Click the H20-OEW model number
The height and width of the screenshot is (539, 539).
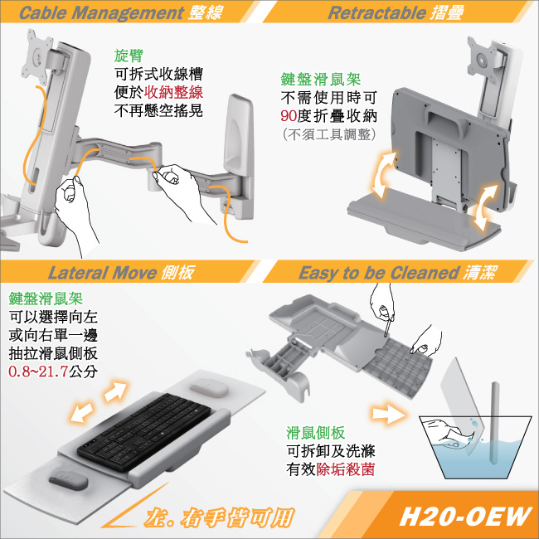[x=465, y=516]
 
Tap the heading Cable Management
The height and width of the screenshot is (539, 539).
[x=101, y=12]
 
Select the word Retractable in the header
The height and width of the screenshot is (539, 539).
[x=376, y=12]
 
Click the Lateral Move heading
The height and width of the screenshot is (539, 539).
[x=102, y=273]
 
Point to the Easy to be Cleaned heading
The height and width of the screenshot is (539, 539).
[x=378, y=273]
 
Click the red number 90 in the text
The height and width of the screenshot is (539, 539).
[x=289, y=116]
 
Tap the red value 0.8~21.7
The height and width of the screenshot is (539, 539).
[x=38, y=371]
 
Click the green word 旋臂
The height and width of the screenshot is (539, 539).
[x=129, y=56]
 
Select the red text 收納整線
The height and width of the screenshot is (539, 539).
[x=173, y=92]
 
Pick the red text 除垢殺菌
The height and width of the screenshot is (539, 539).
[x=345, y=469]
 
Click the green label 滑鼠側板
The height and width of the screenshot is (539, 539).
[x=315, y=432]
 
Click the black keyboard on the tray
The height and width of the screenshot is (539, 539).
[x=143, y=432]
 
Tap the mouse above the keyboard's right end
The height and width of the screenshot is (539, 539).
[x=209, y=387]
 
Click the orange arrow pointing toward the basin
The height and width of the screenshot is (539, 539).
[x=389, y=412]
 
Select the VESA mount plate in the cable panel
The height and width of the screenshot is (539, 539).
[x=37, y=56]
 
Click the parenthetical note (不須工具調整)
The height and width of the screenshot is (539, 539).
[x=329, y=134]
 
